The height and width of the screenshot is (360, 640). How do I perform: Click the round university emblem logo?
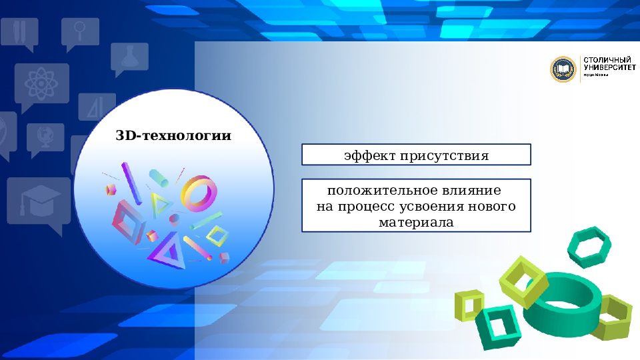[x=563, y=69]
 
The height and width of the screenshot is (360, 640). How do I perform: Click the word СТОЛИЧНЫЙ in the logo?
[x=603, y=60]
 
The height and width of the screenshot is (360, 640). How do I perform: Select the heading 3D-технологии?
[x=173, y=136]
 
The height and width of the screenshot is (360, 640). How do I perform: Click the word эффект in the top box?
[x=370, y=157]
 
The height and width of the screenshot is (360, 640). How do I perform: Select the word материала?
[x=416, y=223]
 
